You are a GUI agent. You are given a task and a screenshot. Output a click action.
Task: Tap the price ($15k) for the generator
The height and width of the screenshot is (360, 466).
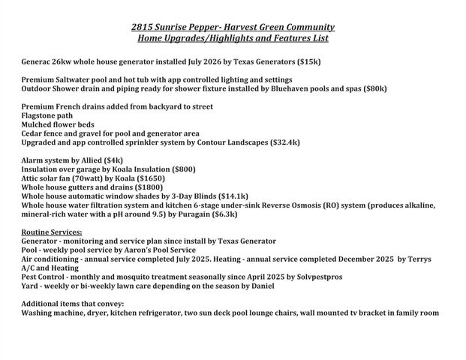pyautogui.click(x=308, y=61)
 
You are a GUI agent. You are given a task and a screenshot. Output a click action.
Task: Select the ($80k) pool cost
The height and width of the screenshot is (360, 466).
pyautogui.click(x=372, y=88)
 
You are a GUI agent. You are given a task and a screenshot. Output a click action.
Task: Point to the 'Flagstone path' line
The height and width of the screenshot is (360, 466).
pyautogui.click(x=48, y=115)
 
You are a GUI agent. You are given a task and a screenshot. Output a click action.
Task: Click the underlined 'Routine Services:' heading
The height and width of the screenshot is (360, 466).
pyautogui.click(x=52, y=232)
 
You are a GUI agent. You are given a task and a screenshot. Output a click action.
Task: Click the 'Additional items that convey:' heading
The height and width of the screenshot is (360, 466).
pyautogui.click(x=73, y=304)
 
